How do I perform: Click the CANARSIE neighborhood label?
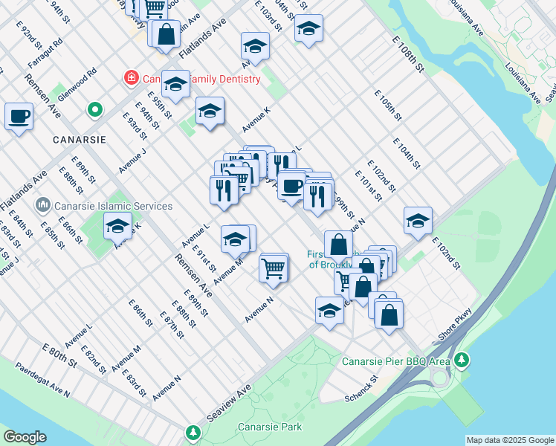point(79,139)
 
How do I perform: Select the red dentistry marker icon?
point(131,77)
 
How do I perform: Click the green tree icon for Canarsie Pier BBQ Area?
point(462,361)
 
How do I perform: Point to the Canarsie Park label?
point(270,427)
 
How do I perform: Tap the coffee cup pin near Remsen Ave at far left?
point(19,116)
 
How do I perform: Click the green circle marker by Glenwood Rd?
point(94,111)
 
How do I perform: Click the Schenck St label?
point(362,388)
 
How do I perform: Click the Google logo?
point(25,437)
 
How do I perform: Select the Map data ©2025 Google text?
point(509,440)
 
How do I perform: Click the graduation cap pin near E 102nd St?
point(418,220)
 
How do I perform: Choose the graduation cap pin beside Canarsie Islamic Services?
point(117,224)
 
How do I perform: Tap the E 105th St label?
point(387,106)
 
